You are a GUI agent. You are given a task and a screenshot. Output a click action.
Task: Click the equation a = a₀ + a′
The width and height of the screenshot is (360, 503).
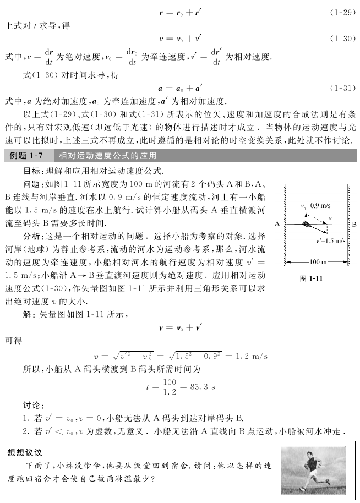pos(179,88)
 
